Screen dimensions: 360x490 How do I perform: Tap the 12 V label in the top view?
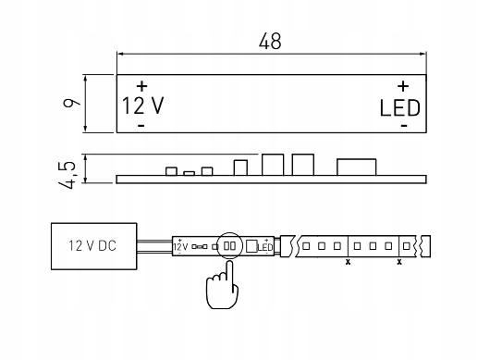click(142, 105)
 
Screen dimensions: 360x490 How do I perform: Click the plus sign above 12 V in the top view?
click(141, 86)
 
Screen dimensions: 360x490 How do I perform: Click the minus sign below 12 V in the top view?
click(141, 124)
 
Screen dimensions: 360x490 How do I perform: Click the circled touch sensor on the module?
click(227, 246)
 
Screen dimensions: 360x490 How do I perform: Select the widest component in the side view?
click(355, 166)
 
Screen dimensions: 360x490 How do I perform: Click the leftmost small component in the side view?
click(171, 170)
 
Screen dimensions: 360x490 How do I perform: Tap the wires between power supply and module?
click(156, 246)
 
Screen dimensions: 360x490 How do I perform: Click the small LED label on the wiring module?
click(264, 247)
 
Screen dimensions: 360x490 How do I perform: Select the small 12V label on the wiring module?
click(180, 247)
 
